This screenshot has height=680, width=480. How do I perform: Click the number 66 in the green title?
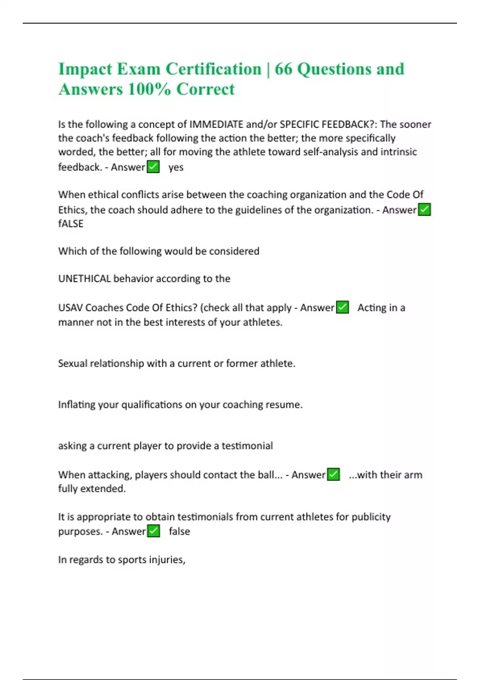pyautogui.click(x=284, y=69)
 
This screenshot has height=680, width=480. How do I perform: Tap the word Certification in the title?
pyautogui.click(x=213, y=69)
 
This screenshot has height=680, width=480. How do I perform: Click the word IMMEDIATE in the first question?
pyautogui.click(x=216, y=124)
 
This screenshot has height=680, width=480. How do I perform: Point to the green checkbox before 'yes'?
pyautogui.click(x=153, y=166)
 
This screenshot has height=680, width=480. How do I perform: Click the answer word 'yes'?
pyautogui.click(x=176, y=167)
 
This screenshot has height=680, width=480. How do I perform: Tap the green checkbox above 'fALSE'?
pyautogui.click(x=424, y=209)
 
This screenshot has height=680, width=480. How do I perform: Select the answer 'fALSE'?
pyautogui.click(x=71, y=224)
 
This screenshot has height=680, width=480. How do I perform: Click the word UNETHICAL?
pyautogui.click(x=84, y=278)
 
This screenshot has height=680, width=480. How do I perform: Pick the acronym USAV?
pyautogui.click(x=70, y=308)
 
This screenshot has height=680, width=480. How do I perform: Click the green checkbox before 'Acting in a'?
pyautogui.click(x=342, y=307)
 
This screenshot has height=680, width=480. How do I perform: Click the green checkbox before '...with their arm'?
pyautogui.click(x=334, y=474)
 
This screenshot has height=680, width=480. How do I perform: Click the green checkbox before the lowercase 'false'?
pyautogui.click(x=154, y=531)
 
